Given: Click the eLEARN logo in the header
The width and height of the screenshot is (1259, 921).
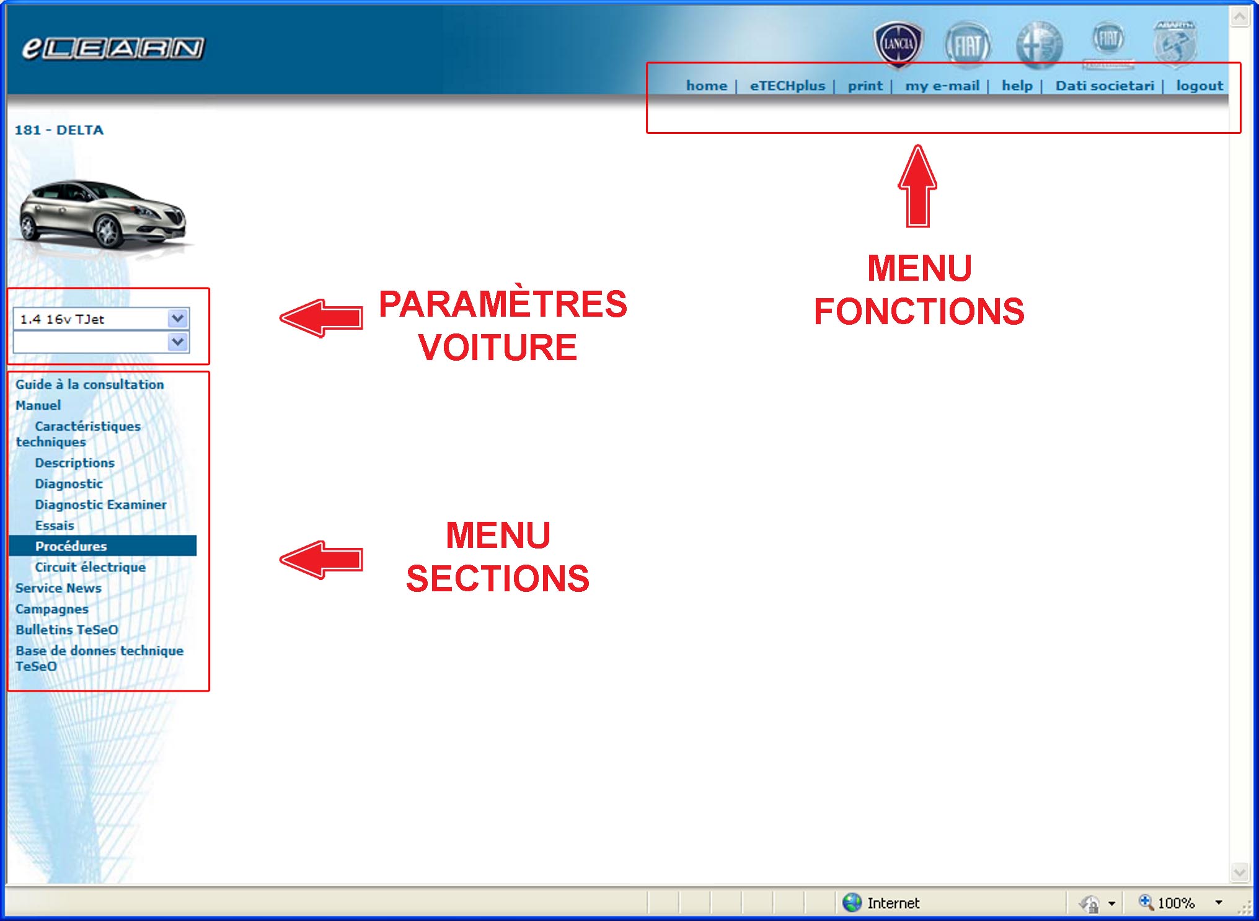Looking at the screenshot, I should tap(113, 48).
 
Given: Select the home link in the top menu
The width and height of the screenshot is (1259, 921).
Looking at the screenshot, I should tap(706, 86).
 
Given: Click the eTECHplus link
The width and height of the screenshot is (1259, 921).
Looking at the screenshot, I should tap(787, 86).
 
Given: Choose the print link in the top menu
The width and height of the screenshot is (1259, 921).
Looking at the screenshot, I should tap(865, 86).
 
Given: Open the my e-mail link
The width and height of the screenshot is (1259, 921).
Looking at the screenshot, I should tap(942, 86).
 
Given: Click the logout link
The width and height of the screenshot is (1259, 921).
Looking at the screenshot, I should tap(1199, 86).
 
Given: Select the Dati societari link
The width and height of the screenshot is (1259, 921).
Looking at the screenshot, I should tap(1105, 86).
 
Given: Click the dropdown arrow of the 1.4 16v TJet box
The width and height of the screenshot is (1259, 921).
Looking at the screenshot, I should tap(178, 319).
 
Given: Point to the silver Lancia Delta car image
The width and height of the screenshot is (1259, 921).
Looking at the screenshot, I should tap(103, 214).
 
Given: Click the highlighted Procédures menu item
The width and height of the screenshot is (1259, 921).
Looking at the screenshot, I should tap(71, 546).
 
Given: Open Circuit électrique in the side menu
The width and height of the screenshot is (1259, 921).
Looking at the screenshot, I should tap(91, 567).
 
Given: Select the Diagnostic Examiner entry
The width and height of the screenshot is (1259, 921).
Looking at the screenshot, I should tap(100, 505).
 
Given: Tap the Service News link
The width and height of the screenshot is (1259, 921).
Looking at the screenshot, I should tap(58, 588).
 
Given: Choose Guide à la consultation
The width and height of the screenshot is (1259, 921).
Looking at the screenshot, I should tap(90, 384).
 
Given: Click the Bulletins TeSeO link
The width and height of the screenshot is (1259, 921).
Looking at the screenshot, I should tap(67, 630).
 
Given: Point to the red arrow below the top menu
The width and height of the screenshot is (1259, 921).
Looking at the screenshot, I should tap(917, 186).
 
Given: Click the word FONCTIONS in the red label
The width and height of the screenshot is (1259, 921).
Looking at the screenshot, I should tap(919, 311).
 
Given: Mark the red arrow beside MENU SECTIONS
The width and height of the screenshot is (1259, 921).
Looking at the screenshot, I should tap(321, 560).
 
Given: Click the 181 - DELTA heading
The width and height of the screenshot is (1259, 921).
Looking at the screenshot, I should tap(59, 130).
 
